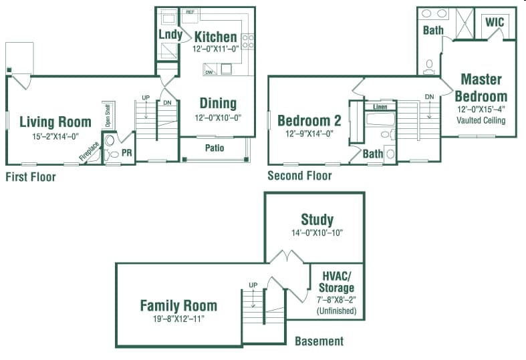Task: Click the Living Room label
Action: coord(55,122)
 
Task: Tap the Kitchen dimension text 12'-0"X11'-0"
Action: coord(215,49)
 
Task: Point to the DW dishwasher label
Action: coord(209,72)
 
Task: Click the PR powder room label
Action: coord(127,153)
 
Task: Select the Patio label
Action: coord(215,148)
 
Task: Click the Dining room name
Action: coord(218,103)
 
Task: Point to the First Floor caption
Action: coord(31,177)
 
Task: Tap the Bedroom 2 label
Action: coord(305,121)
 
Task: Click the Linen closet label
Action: coord(380,107)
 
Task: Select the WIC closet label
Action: coord(495,22)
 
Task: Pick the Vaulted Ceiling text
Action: coord(481,121)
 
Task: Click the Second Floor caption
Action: coord(299,176)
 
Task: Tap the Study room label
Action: coord(317,220)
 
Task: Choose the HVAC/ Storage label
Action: coord(336,282)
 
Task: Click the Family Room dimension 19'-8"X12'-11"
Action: coord(178,319)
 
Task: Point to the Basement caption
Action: coord(319,341)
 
